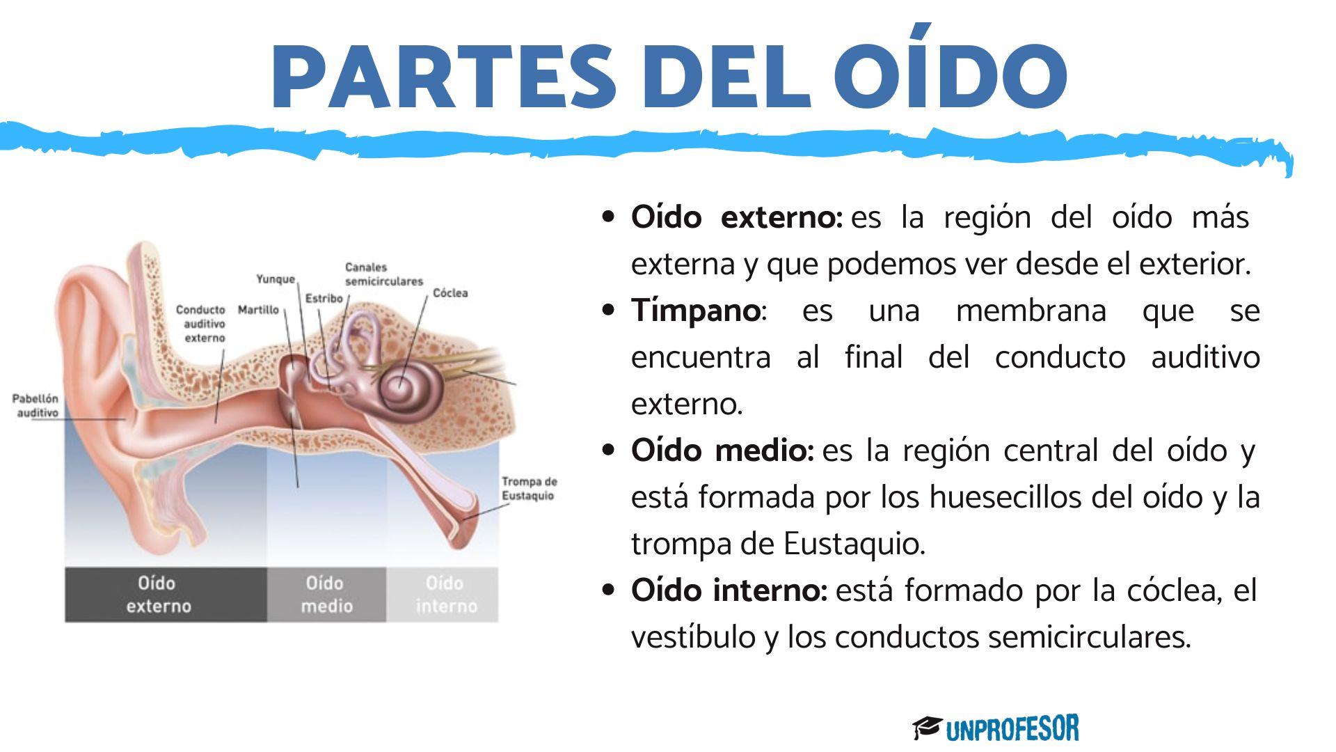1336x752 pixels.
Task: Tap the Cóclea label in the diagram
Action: coord(450,293)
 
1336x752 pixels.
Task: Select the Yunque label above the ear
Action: coord(276,279)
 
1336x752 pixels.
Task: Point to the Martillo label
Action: coord(258,310)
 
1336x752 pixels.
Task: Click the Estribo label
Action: coord(324,298)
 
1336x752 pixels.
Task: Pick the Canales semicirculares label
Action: coord(383,274)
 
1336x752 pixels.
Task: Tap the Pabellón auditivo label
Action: coord(35,405)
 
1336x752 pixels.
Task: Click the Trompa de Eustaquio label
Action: coord(529,488)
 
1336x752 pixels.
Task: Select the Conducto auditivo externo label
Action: coord(201,323)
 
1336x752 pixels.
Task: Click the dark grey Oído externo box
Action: coord(166,594)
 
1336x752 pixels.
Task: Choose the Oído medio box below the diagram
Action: coord(326,594)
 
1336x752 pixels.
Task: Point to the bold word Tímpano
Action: coord(694,311)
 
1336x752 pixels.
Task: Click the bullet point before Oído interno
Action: coord(609,590)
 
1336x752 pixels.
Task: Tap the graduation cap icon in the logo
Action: coord(927,728)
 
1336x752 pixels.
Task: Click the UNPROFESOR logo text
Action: coord(1012,728)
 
